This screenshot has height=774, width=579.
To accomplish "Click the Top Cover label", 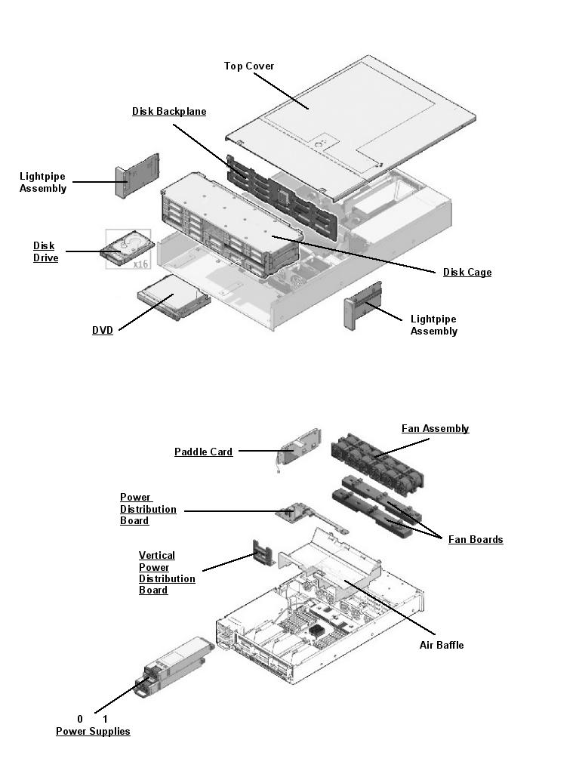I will (248, 66).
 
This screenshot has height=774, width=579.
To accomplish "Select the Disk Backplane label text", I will (169, 112).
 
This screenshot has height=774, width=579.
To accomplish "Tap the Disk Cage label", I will (467, 273).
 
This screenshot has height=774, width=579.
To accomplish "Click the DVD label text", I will (103, 331).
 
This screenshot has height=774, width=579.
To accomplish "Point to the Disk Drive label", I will (45, 252).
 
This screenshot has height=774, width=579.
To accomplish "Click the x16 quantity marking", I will (140, 264).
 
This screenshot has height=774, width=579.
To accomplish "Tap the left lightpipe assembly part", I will (137, 175).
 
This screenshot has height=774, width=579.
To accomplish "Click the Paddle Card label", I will (203, 452).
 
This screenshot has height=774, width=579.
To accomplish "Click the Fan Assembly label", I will (435, 429).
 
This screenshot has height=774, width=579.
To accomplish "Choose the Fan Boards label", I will (476, 540).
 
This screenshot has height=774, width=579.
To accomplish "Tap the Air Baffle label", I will (442, 645).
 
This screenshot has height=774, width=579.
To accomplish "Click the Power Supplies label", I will (93, 732).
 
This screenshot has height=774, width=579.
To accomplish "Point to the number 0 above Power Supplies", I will (80, 720).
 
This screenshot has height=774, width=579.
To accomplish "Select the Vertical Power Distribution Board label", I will (166, 573).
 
